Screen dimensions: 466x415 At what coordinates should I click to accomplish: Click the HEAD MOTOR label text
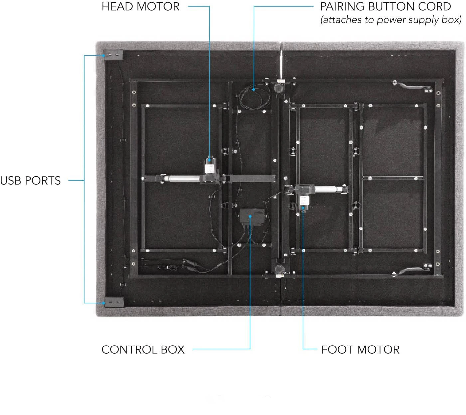coord(140,7)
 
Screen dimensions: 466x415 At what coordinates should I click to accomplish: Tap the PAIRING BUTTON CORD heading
coord(386,7)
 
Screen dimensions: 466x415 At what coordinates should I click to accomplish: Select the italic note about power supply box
coord(391,20)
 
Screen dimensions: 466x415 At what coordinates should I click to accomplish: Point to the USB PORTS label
coord(30,181)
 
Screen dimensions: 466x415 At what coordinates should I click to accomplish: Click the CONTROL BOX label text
coord(143,350)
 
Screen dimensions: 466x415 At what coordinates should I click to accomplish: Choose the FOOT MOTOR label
coord(361,350)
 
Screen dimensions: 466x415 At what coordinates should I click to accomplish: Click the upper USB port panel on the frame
coord(113,55)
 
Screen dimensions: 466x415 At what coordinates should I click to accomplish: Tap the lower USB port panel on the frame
coord(114,302)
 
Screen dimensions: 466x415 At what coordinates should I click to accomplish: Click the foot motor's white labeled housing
coord(304,201)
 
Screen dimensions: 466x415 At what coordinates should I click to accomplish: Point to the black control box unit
coord(252,217)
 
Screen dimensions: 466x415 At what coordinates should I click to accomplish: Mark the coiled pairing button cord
coord(254,97)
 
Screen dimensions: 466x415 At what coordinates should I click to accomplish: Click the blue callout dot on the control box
coord(250,216)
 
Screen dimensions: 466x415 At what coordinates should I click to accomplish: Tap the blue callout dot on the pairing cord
coord(254,90)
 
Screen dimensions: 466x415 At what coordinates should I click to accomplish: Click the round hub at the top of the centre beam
coord(279,87)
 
